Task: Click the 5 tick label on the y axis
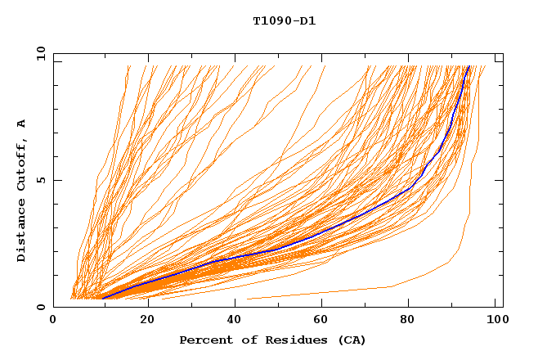coord(41,180)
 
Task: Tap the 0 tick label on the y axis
coord(41,307)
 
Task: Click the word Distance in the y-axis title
coord(21,233)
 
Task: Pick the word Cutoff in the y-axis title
coord(21,167)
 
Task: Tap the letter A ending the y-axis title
coord(21,124)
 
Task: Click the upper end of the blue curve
coord(469,67)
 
